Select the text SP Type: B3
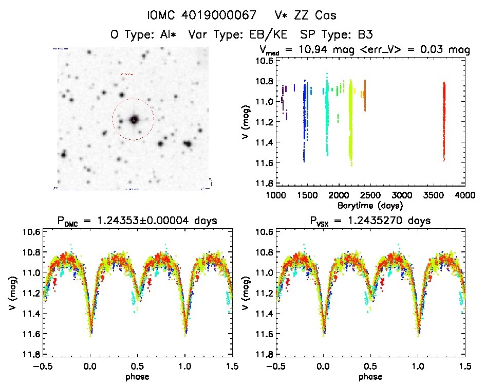pos(337,35)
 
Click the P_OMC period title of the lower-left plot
pos(138,221)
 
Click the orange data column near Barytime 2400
pos(365,95)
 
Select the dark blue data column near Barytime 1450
pos(304,123)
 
